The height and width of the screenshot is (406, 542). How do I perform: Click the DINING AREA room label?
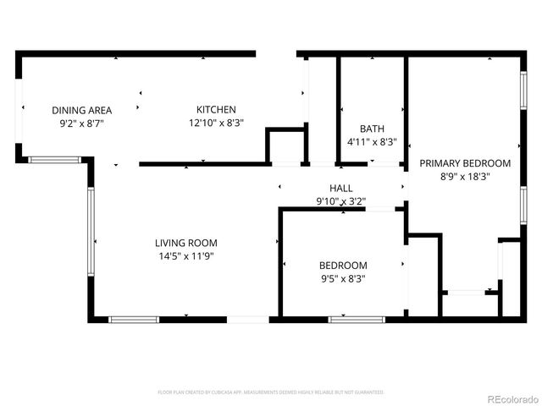click(x=82, y=110)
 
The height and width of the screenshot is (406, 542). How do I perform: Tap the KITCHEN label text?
click(x=216, y=110)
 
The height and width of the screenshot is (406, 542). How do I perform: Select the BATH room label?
click(x=372, y=129)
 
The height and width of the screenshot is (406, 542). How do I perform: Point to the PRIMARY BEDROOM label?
click(x=466, y=163)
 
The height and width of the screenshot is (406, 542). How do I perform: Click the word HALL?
click(x=341, y=188)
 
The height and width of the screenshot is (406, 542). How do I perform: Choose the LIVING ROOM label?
click(x=185, y=243)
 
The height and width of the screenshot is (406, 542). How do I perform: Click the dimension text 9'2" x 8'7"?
click(x=82, y=123)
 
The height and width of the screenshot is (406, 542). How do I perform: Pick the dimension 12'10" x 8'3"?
click(x=216, y=123)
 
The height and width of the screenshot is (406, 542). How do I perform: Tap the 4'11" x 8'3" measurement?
click(x=372, y=142)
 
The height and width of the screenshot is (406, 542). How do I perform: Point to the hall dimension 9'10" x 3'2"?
click(x=341, y=200)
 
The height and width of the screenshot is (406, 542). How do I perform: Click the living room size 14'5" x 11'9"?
click(x=185, y=255)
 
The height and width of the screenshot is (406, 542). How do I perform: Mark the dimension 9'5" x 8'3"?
click(x=343, y=277)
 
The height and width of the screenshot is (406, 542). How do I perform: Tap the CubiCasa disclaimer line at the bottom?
click(x=271, y=392)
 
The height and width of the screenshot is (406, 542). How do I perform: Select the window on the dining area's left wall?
click(x=19, y=108)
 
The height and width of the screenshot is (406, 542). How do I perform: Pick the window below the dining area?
click(x=56, y=159)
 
